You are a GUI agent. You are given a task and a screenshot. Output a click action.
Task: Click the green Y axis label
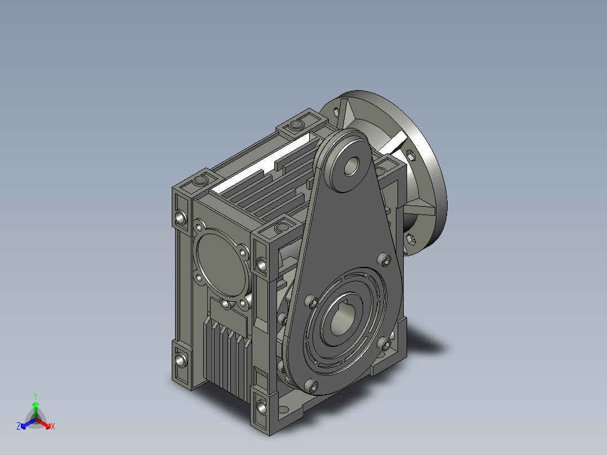[35, 396]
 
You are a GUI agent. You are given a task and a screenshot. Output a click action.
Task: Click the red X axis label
[53, 426]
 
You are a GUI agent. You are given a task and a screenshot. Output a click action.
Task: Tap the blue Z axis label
[19, 426]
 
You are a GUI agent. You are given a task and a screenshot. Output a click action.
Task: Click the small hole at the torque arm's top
[351, 166]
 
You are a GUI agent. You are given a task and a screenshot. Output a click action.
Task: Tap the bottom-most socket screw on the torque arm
[312, 385]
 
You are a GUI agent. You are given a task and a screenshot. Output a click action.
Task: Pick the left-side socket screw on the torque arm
[311, 302]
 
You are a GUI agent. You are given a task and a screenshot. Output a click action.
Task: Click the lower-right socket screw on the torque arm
[386, 344]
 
